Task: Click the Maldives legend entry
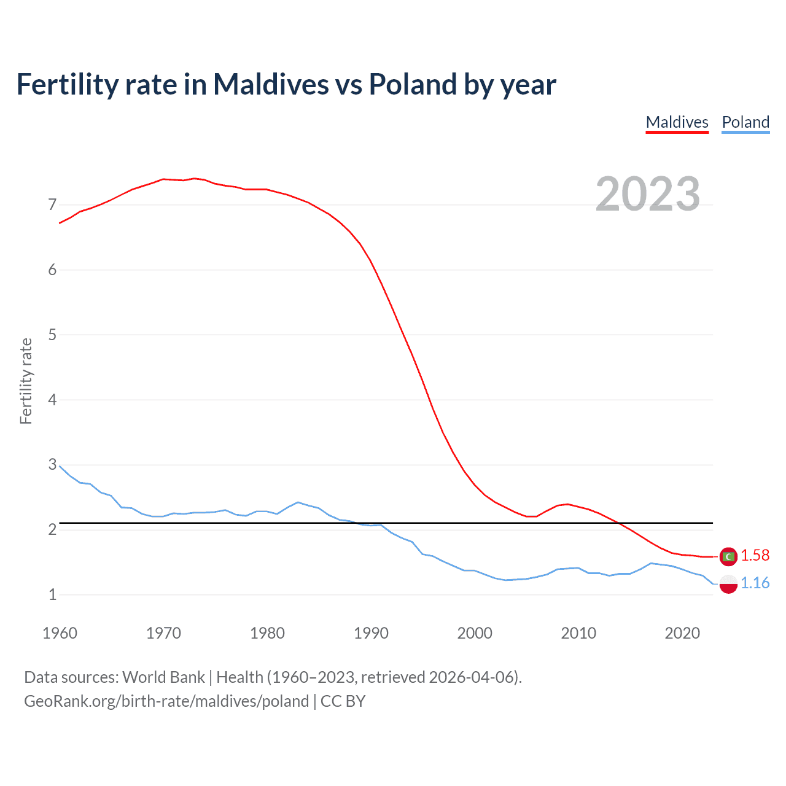click(x=677, y=122)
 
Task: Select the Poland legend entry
click(x=745, y=122)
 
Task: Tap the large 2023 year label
click(x=648, y=194)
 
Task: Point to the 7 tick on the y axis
click(x=52, y=204)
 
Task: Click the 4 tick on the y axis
click(x=52, y=400)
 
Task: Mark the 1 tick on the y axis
click(x=52, y=594)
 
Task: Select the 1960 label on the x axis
click(x=60, y=633)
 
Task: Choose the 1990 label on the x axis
click(x=371, y=633)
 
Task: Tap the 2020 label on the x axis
click(x=682, y=633)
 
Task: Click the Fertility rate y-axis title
click(x=26, y=381)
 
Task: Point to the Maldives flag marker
click(x=728, y=556)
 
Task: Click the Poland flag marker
click(x=728, y=584)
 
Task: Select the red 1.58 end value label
click(x=755, y=555)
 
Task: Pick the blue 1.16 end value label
click(x=755, y=583)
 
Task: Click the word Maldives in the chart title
click(x=271, y=84)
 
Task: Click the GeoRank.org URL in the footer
click(x=166, y=701)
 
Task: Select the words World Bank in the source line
click(x=163, y=677)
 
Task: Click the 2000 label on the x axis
click(x=475, y=633)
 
